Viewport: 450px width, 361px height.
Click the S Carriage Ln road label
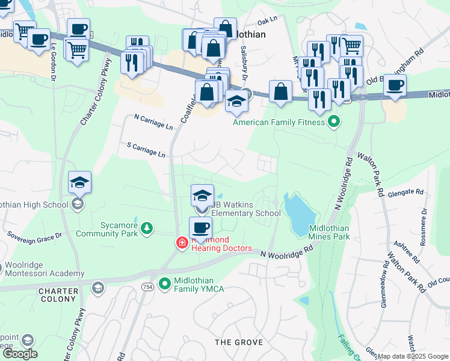coord(146,150)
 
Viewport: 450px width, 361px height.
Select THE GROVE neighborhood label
coord(239,342)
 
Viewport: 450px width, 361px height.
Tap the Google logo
coord(19,354)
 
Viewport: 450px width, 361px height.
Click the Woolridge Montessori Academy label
coord(46,269)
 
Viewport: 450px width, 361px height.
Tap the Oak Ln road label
coord(267,19)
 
